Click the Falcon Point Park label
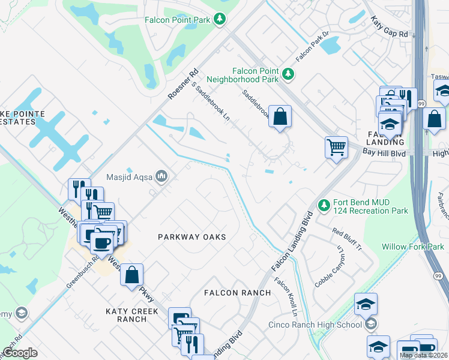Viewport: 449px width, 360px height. (x=178, y=19)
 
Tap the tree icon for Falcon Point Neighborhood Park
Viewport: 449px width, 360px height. (x=289, y=74)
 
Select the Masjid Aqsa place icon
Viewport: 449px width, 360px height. (x=161, y=176)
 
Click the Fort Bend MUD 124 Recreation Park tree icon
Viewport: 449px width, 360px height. (x=324, y=206)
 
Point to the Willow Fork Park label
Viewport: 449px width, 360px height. (x=412, y=247)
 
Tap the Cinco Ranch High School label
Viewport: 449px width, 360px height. (x=315, y=325)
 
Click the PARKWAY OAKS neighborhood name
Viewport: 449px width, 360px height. (x=191, y=237)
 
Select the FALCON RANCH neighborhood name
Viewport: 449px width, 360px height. (x=237, y=292)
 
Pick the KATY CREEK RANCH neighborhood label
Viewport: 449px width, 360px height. (x=132, y=315)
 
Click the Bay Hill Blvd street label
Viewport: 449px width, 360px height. (x=385, y=154)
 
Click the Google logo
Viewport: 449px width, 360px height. (x=20, y=353)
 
